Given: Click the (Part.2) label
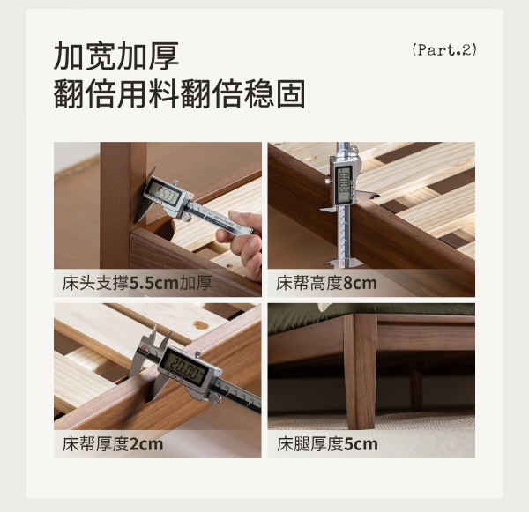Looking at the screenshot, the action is tap(444, 49).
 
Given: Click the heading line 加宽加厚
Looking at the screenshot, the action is tap(116, 56).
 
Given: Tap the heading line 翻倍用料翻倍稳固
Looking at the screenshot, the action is tap(179, 93).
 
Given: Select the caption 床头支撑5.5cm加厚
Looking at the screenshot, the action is tap(137, 283).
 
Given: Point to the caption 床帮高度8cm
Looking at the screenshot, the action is tap(326, 283).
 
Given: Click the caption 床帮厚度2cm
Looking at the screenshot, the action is tap(113, 444).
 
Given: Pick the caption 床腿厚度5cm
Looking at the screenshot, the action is tap(327, 444).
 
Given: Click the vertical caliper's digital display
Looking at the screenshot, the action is tap(344, 185).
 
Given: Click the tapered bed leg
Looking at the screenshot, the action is tap(360, 371).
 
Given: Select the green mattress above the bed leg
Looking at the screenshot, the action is tap(371, 313).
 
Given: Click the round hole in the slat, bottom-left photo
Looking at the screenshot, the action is tap(200, 325).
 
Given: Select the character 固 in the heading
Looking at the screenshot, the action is tap(291, 93).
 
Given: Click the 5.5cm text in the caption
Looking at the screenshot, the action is tap(153, 283).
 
